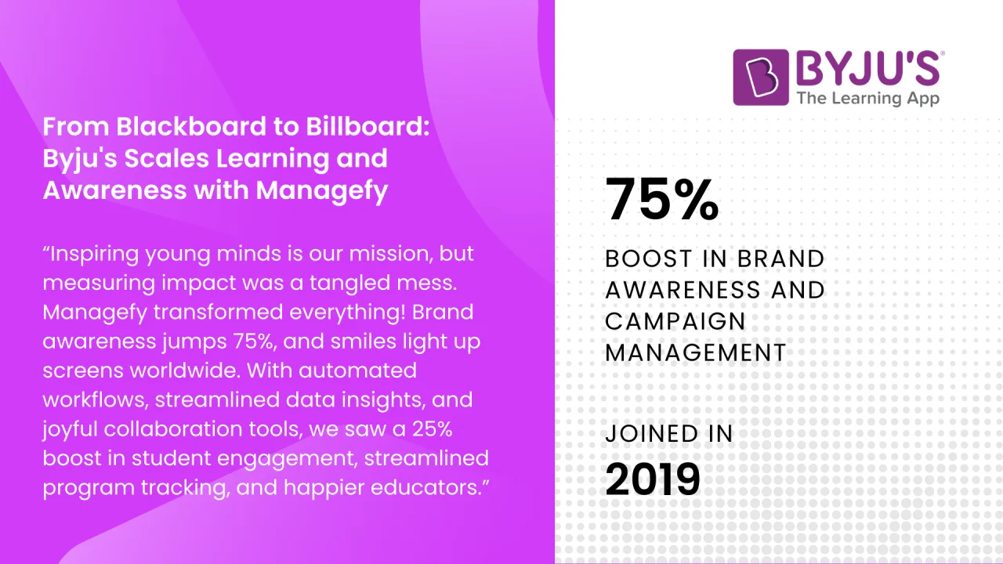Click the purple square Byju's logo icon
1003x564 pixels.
(x=761, y=78)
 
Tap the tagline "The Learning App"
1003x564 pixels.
(x=867, y=99)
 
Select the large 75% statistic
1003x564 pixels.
(x=662, y=199)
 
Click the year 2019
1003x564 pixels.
(x=653, y=479)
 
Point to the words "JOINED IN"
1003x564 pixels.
(x=669, y=434)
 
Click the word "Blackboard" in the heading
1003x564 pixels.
(x=192, y=126)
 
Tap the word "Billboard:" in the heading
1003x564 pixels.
(x=368, y=126)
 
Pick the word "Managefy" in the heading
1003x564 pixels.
(x=322, y=190)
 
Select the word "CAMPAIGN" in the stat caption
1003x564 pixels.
(x=675, y=321)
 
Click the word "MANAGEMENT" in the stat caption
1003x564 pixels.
(x=696, y=352)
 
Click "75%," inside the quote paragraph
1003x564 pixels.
(x=254, y=342)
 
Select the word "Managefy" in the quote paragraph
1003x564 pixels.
(x=95, y=313)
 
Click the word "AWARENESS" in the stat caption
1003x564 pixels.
(x=683, y=290)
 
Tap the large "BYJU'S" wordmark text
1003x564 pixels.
(x=867, y=68)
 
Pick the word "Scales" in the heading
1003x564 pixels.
(x=167, y=158)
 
